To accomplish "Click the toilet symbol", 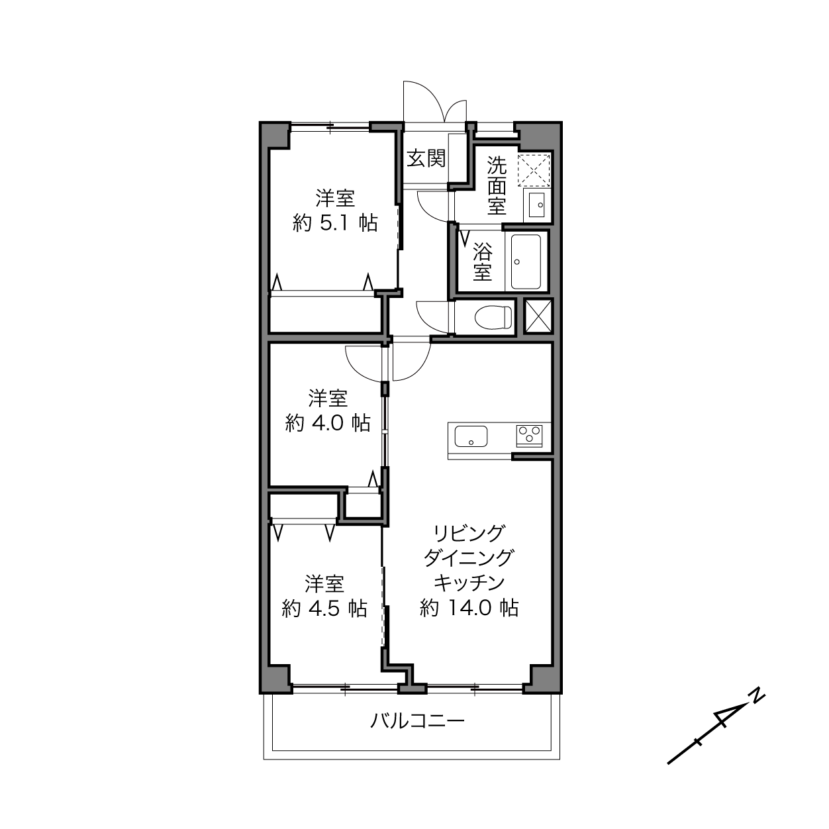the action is pyautogui.click(x=493, y=317).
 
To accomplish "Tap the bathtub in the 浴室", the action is pyautogui.click(x=526, y=262).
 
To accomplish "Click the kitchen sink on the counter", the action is pyautogui.click(x=471, y=436).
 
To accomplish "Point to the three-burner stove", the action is pyautogui.click(x=529, y=436).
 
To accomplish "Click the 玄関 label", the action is pyautogui.click(x=426, y=158).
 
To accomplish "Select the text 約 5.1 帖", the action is pyautogui.click(x=335, y=223).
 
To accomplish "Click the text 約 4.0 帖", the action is pyautogui.click(x=328, y=423).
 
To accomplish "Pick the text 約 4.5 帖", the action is pyautogui.click(x=325, y=609).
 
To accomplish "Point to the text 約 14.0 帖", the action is pyautogui.click(x=469, y=607).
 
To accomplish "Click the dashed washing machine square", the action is pyautogui.click(x=534, y=170).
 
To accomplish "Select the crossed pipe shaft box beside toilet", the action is pyautogui.click(x=538, y=316).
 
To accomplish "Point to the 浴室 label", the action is pyautogui.click(x=482, y=262).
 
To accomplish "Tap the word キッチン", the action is pyautogui.click(x=469, y=583).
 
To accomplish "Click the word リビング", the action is pyautogui.click(x=469, y=534).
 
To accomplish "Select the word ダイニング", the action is pyautogui.click(x=469, y=558).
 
